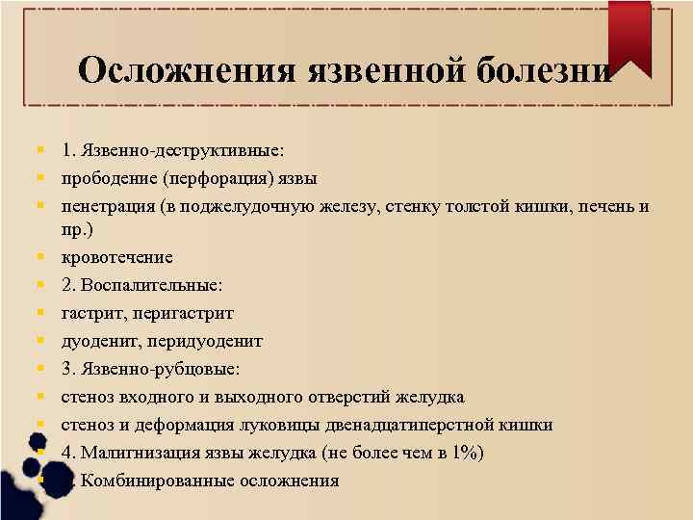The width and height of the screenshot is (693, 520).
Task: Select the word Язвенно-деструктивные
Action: pos(182,150)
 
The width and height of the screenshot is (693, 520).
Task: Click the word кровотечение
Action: pos(117,257)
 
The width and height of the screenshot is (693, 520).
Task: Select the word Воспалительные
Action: pos(154,285)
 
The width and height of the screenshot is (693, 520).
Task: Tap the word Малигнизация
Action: pos(140,453)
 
